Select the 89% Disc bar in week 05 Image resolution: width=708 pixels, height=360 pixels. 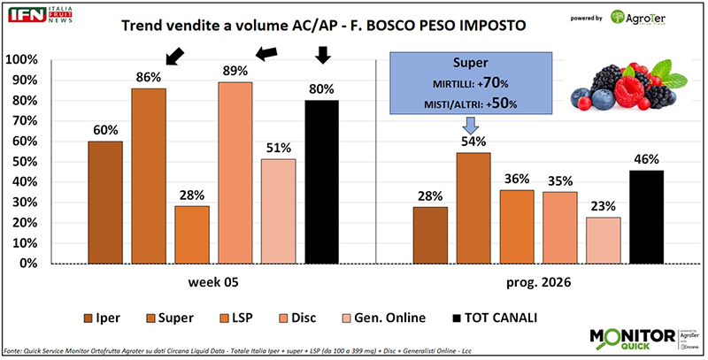tap(235, 172)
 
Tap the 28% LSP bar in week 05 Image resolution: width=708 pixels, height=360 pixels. tap(192, 234)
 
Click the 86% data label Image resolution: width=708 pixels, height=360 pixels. tap(148, 75)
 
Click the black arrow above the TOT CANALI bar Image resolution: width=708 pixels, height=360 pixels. tap(323, 55)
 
